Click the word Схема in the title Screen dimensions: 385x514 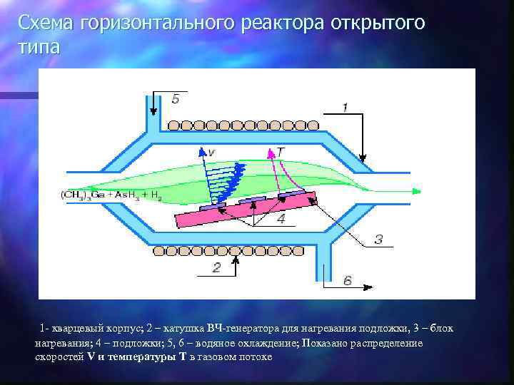click(46, 23)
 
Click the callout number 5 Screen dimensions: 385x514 click(176, 99)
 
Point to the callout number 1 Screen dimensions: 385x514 click(345, 107)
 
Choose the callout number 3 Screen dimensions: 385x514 click(379, 240)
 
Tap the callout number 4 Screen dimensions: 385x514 click(281, 219)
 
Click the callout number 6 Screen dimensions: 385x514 click(348, 280)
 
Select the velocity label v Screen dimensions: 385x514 click(211, 152)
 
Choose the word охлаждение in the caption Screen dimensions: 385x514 click(265, 343)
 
